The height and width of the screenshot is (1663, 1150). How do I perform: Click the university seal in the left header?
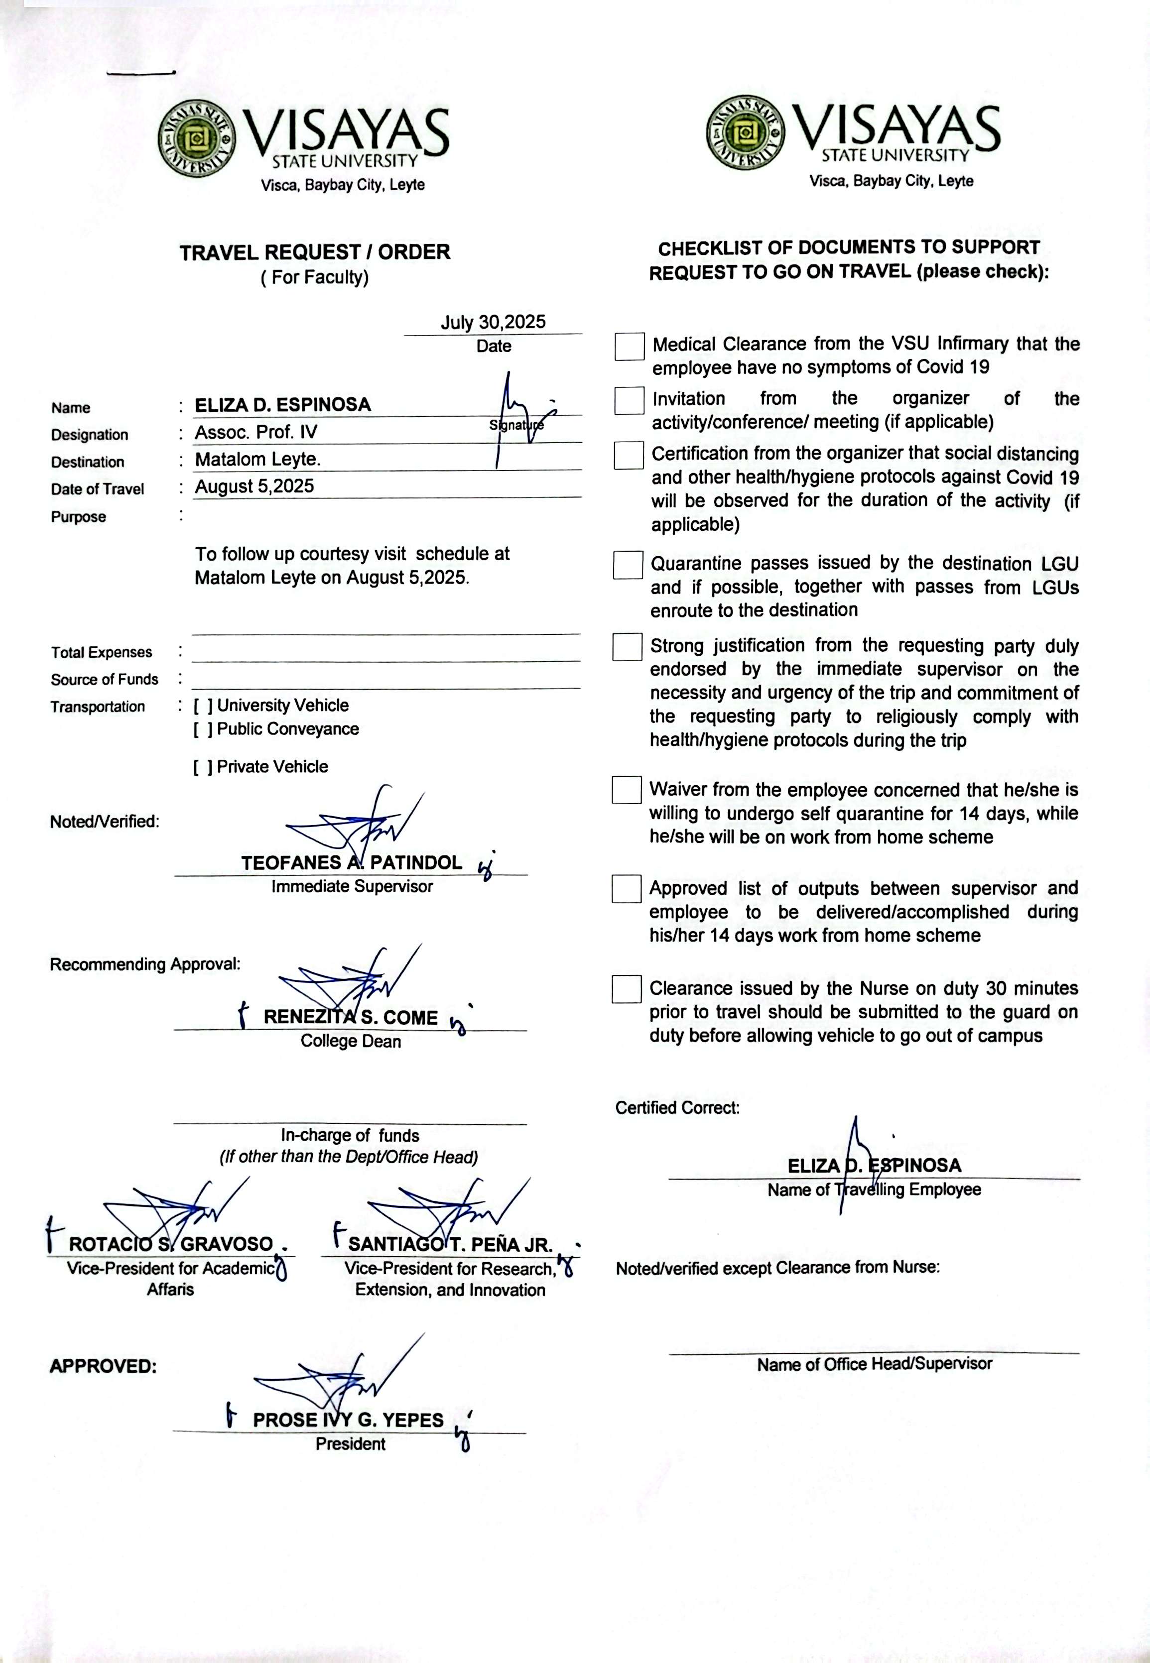tap(197, 139)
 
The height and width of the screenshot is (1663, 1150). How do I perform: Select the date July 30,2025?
tap(493, 322)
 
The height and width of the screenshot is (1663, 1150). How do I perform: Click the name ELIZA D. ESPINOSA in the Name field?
tap(282, 405)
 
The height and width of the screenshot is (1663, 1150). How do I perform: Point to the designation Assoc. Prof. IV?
tap(256, 432)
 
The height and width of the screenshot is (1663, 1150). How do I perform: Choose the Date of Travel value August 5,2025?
tap(255, 486)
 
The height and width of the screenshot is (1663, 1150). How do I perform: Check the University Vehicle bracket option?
tap(203, 706)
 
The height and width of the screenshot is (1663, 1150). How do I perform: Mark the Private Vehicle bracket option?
tap(203, 767)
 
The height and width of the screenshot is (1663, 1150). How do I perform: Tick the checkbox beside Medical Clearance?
tap(629, 347)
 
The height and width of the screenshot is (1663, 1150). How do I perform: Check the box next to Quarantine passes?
tap(628, 566)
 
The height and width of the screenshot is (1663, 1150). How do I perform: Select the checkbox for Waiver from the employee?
tap(626, 790)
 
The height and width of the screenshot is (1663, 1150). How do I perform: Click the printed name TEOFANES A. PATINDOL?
tap(351, 863)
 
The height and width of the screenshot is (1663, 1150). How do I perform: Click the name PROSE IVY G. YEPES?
tap(348, 1421)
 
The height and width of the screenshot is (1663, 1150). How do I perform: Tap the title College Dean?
tap(351, 1042)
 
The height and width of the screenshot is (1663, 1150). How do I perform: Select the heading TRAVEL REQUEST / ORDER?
tap(315, 252)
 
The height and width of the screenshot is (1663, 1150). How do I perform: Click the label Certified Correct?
tap(677, 1108)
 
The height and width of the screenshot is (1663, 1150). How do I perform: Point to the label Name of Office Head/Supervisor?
tap(874, 1364)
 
